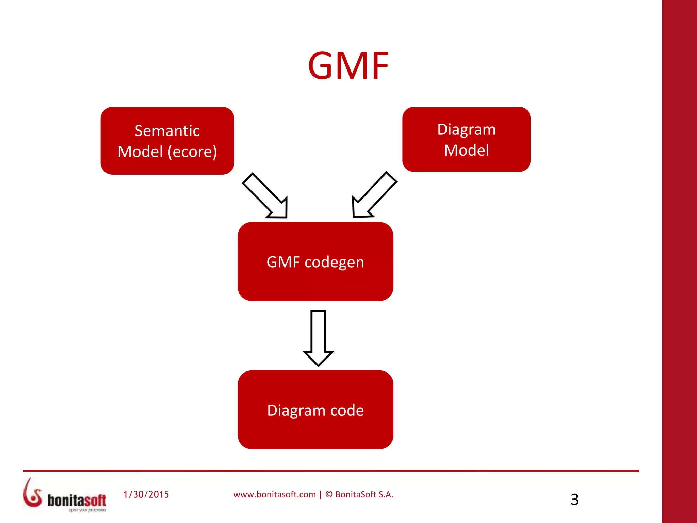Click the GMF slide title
(348, 65)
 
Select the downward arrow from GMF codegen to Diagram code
(318, 337)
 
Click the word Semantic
(167, 131)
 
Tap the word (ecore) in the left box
(192, 152)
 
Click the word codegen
(334, 262)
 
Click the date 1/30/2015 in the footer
(146, 494)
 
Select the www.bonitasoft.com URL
(275, 494)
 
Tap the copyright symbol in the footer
(329, 494)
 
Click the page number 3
(574, 500)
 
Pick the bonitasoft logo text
(77, 500)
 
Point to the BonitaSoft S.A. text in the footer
(364, 494)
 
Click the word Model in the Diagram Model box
(466, 150)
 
